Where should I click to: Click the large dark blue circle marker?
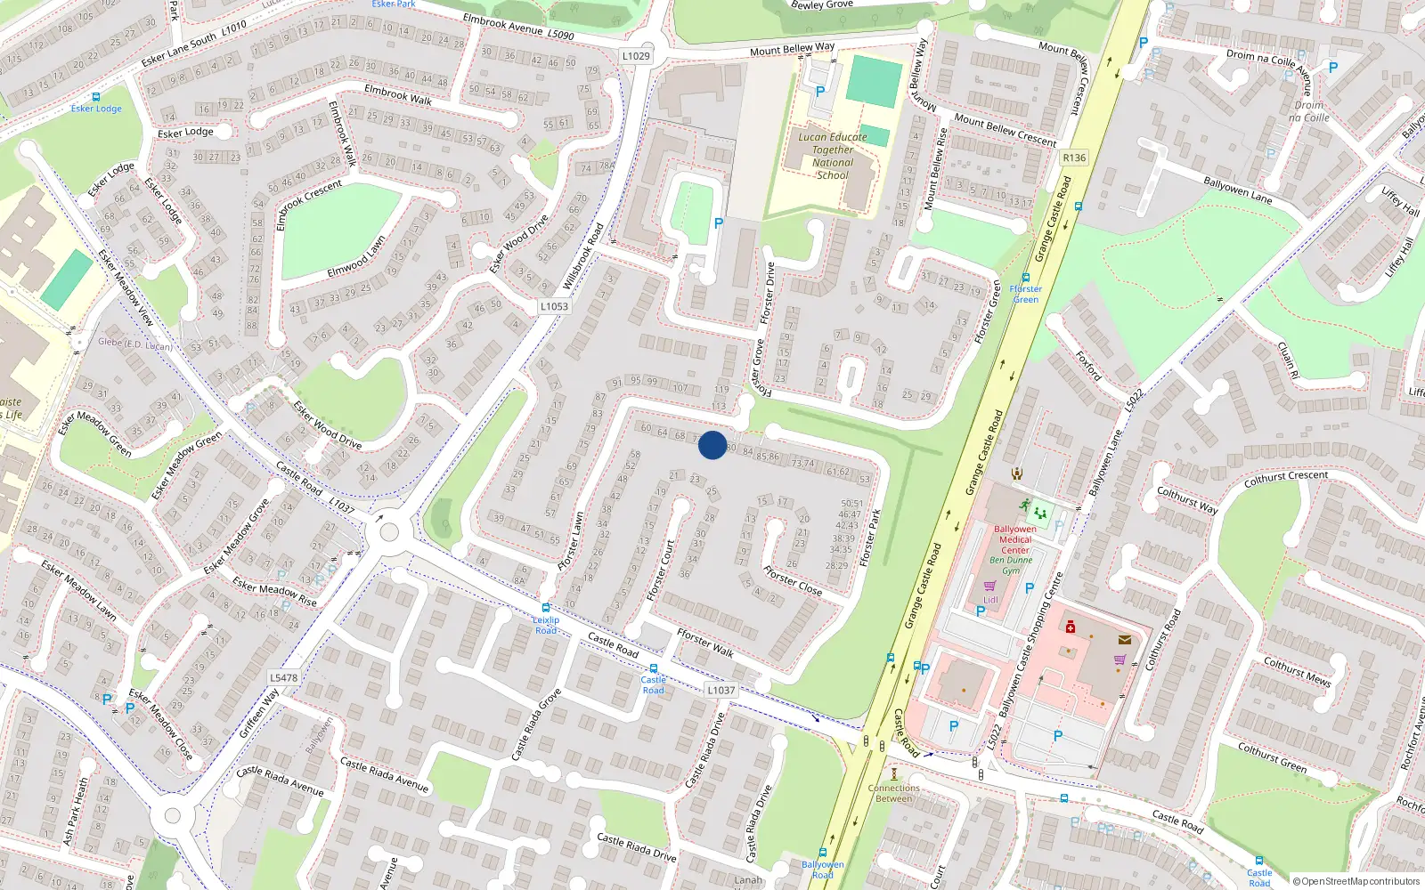[x=712, y=445]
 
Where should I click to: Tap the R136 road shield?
[x=1074, y=158]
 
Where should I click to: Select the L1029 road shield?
[x=636, y=56]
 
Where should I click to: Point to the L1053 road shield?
[x=554, y=306]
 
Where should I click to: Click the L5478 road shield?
[x=283, y=677]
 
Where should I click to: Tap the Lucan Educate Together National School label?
[x=833, y=156]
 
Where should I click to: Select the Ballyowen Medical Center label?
[x=1015, y=539]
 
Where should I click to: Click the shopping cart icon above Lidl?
[x=989, y=586]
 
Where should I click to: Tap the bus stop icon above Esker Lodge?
[x=95, y=97]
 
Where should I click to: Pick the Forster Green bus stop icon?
[x=1026, y=278]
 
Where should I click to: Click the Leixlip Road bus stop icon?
[x=546, y=609]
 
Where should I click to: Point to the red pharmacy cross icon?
[x=1071, y=627]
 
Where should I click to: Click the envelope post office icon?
[x=1125, y=639]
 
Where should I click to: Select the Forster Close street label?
[x=793, y=581]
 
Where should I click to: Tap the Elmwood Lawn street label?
[x=356, y=256]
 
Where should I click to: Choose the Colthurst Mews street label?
[x=1297, y=671]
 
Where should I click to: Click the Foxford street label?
[x=1088, y=365]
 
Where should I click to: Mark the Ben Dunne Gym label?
[x=1011, y=565]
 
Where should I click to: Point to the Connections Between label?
[x=894, y=793]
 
